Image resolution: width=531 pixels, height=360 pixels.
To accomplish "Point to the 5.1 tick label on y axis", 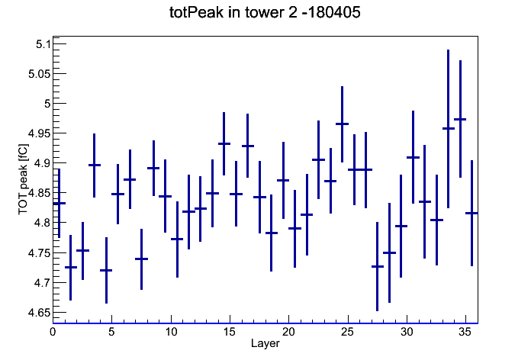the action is coord(43,44).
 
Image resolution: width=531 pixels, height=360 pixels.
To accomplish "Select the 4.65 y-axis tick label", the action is coord(39,313).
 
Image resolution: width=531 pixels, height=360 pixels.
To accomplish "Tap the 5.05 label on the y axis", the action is coord(39,74).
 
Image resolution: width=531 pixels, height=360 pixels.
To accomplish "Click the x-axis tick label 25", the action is coord(347,332).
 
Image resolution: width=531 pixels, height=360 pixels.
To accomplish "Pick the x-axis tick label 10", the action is coord(171,332).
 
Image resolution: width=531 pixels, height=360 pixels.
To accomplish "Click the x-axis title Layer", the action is coord(265,343).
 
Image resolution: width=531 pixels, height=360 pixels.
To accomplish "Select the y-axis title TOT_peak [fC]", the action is coord(24,179).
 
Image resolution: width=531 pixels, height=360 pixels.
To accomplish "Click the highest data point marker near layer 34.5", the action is coord(460,119).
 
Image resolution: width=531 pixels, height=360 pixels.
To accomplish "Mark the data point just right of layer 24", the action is coord(342,124).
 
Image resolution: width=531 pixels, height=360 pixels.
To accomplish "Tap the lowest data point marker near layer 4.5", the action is coord(106,270).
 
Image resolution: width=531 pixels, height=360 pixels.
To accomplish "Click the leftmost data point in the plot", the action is coord(60,203).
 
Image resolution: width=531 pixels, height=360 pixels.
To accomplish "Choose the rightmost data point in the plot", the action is coord(471,213).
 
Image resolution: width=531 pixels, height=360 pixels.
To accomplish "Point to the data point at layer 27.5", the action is coord(377,266).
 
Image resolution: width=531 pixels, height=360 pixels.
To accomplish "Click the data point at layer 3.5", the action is coord(94,165).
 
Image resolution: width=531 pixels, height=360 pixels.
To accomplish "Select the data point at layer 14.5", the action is coord(224,143).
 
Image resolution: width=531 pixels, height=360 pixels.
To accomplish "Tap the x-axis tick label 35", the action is coord(465,332).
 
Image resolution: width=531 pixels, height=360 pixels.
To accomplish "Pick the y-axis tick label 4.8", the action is coord(43,223).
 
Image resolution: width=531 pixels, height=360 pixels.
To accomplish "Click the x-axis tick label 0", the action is coord(53,332).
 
